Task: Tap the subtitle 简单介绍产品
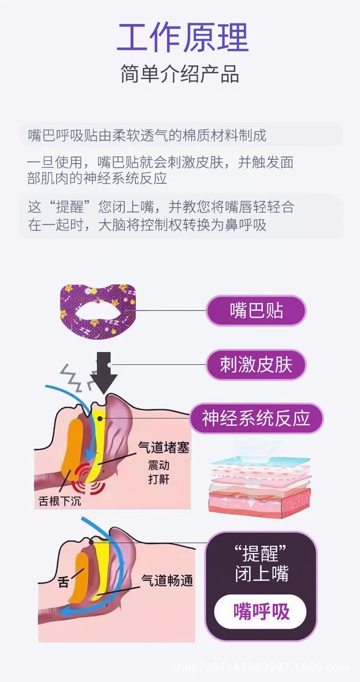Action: (180, 75)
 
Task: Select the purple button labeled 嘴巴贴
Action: (256, 311)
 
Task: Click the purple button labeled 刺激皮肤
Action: (256, 365)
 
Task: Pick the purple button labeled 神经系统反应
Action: (256, 419)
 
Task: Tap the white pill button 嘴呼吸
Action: (261, 611)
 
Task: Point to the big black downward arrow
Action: (104, 371)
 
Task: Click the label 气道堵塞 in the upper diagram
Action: (163, 447)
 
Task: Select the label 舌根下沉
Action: (60, 501)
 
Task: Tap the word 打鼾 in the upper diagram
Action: (158, 479)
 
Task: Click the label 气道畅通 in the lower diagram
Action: (167, 580)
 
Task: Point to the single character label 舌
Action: (63, 582)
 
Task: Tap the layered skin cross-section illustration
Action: (260, 487)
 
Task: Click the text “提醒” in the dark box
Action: (261, 553)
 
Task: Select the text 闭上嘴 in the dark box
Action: (261, 574)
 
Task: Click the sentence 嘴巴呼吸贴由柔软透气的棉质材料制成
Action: (147, 136)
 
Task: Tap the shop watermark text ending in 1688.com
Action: (260, 667)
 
